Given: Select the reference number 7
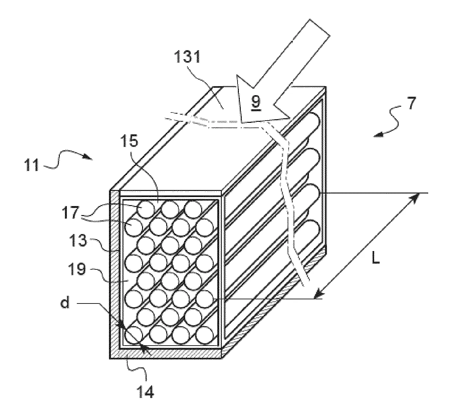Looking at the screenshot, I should tap(412, 104).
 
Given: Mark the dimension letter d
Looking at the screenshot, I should tap(65, 303).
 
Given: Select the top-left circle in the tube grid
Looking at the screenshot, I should tap(146, 209).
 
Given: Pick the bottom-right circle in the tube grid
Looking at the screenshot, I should tap(204, 335).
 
